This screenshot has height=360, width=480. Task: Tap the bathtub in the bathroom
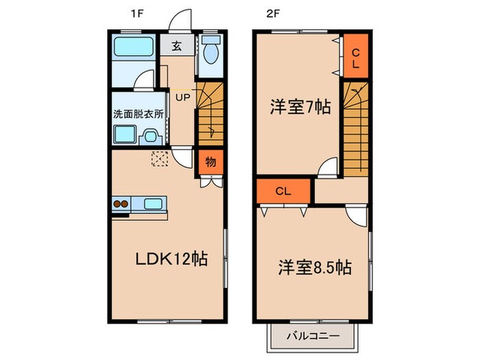134,47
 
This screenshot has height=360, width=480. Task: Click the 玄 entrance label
177,47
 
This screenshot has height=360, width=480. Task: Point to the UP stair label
182,97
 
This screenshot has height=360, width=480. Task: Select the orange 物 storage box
211,163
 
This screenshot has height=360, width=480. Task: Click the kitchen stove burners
122,204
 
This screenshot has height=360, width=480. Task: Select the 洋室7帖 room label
300,107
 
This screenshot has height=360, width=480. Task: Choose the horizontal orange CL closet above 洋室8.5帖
284,191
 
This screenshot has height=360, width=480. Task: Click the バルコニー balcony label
311,337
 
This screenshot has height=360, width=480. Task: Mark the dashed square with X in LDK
159,158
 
